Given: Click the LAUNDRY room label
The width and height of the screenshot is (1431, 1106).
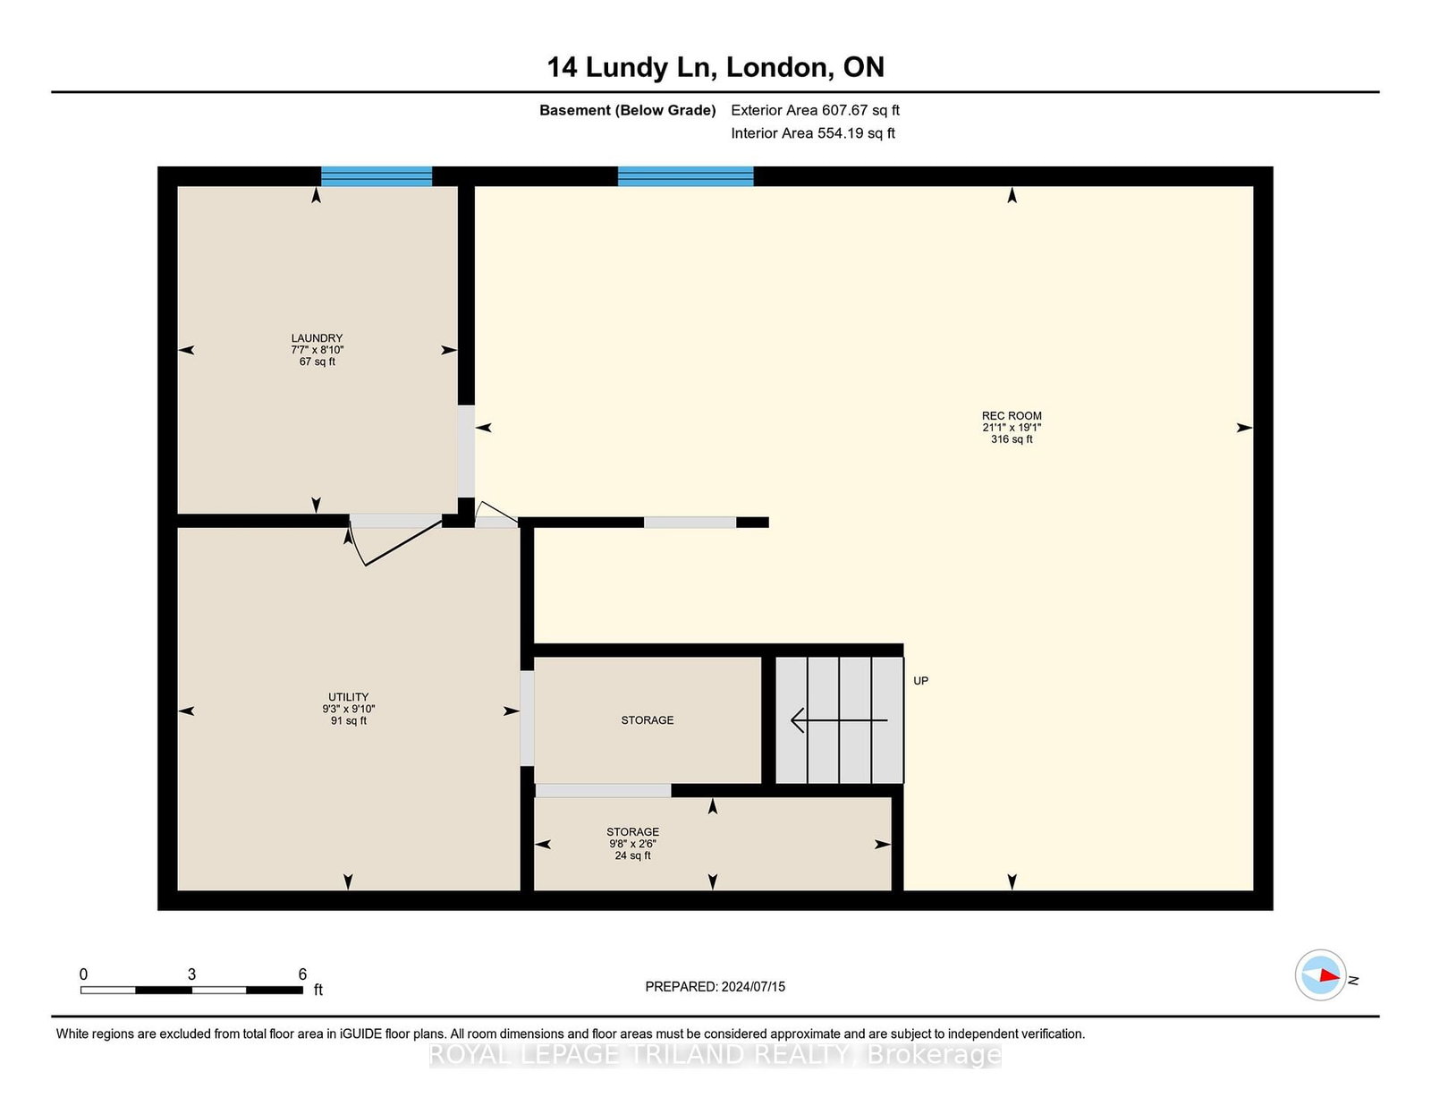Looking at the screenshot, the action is click(317, 338).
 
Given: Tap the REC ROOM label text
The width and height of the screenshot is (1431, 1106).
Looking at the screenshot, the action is click(1012, 416).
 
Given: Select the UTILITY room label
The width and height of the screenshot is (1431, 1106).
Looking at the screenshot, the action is click(349, 697).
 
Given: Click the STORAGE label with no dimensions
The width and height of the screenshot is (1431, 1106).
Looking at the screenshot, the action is click(648, 720).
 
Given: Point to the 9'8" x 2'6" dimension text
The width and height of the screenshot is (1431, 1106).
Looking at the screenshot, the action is click(633, 844).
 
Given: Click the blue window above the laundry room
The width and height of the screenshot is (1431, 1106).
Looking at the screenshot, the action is click(377, 176).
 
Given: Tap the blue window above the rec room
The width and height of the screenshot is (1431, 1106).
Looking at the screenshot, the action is click(685, 176).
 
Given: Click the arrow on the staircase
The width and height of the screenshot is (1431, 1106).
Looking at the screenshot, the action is click(839, 720).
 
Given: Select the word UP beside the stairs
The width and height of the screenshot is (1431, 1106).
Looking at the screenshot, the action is click(920, 680).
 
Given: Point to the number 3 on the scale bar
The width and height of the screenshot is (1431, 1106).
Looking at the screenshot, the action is click(191, 974).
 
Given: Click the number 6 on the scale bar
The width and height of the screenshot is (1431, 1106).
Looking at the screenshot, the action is click(302, 974).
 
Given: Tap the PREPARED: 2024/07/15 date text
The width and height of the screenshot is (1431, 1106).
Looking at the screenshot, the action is click(715, 987).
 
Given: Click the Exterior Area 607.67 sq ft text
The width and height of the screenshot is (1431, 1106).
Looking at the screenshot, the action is click(816, 110).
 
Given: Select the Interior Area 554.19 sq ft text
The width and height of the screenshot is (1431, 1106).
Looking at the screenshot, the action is click(813, 133).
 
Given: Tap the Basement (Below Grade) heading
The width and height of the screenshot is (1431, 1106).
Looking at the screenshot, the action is click(628, 110).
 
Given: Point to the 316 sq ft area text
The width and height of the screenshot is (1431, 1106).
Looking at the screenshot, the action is click(1012, 438).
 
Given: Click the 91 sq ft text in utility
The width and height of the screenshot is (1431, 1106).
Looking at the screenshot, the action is click(349, 720).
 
